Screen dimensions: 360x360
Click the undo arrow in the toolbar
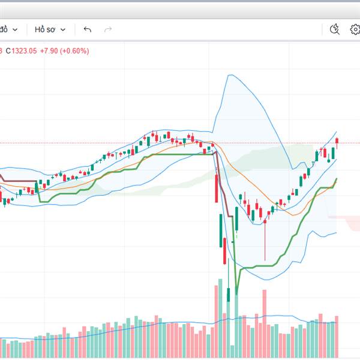(x=88, y=29)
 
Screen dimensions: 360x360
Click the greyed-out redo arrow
(x=108, y=29)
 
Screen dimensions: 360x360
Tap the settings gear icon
(x=355, y=29)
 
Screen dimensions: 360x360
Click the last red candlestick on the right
(x=337, y=142)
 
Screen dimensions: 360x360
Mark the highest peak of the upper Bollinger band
(x=228, y=75)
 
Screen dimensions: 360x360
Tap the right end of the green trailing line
(x=337, y=179)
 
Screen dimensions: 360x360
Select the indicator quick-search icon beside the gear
(x=335, y=29)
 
